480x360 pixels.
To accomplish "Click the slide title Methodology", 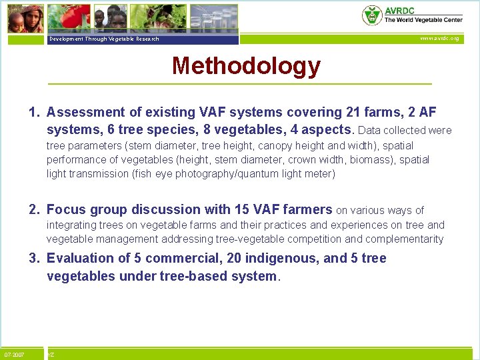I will (x=246, y=66).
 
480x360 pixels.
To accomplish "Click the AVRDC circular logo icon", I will (x=372, y=15).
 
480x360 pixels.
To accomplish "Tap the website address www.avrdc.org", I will (x=439, y=39).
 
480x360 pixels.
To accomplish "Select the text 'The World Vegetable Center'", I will (x=423, y=20).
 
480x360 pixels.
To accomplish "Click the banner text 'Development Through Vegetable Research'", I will (x=104, y=39).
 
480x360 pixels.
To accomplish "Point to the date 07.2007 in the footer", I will (x=14, y=355).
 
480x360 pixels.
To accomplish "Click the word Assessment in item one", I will (x=85, y=113).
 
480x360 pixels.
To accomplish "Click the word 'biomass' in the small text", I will (x=378, y=160).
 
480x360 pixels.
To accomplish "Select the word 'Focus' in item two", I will (x=66, y=210).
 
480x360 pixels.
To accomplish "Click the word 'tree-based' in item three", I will (x=193, y=276).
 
